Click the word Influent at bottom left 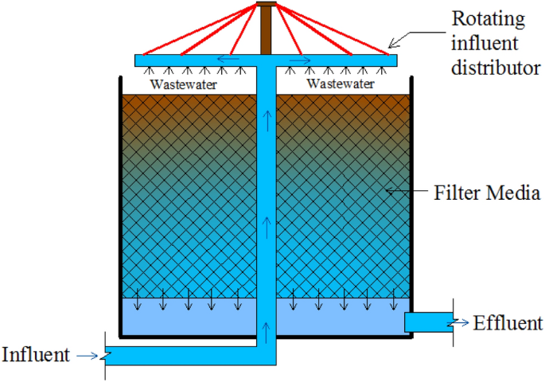click(35, 354)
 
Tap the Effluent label click(508, 323)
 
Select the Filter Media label click(487, 192)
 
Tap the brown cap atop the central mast click(266, 6)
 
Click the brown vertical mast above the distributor click(266, 32)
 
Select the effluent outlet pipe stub click(427, 322)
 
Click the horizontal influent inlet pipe click(183, 356)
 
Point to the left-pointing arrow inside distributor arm click(228, 60)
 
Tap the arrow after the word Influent click(91, 355)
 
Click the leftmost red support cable click(199, 29)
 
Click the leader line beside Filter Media click(407, 191)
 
